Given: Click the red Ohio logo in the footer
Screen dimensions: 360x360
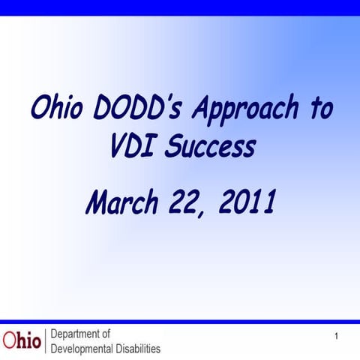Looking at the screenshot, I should point(22,340).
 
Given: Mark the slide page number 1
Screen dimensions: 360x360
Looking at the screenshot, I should point(337,335).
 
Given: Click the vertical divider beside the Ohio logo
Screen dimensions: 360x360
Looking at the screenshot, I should point(46,341).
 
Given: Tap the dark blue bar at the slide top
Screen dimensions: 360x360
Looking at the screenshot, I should point(180,7).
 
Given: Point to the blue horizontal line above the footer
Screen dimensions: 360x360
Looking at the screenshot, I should point(180,322).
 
